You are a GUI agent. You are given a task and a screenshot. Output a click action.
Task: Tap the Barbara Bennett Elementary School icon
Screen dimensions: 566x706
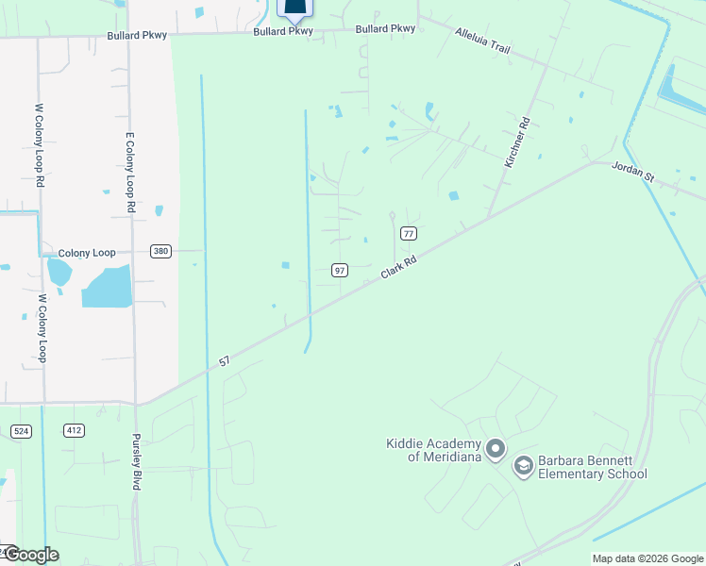point(523,465)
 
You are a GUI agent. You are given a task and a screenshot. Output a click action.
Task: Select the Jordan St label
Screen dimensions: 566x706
point(632,169)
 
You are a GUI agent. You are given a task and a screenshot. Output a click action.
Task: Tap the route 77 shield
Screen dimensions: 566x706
point(409,233)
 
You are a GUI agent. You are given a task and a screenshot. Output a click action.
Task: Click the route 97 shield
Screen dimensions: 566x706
point(340,271)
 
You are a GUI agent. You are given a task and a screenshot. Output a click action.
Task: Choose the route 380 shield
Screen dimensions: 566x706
point(160,251)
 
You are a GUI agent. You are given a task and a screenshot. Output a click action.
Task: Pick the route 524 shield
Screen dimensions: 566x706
point(21,430)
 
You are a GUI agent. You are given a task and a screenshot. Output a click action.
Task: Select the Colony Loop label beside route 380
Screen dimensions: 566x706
point(86,253)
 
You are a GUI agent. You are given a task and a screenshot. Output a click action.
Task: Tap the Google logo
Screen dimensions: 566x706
point(30,555)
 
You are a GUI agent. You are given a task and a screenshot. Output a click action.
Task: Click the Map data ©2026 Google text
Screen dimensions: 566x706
point(647,558)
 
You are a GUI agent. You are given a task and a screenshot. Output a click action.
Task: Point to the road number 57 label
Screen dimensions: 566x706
point(224,360)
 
